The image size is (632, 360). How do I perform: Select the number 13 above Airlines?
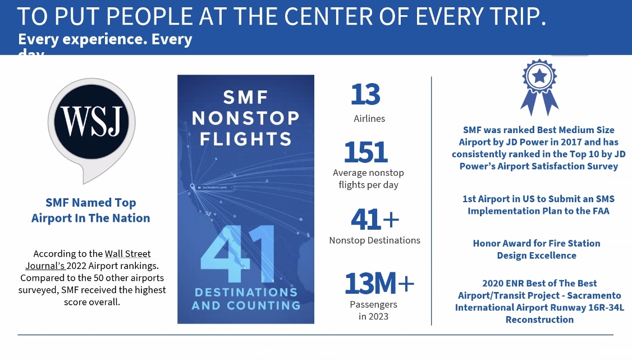[365, 94]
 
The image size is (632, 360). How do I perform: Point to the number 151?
[365, 152]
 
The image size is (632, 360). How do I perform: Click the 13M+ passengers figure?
[379, 284]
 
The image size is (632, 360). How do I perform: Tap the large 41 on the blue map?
[237, 254]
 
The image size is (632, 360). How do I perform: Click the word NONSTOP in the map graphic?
[245, 118]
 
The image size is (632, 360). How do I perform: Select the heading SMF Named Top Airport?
[91, 210]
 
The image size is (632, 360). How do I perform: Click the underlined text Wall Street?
[127, 254]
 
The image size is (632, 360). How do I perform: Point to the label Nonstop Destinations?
[374, 240]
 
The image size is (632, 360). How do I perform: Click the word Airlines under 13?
[369, 119]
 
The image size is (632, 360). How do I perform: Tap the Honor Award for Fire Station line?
[537, 243]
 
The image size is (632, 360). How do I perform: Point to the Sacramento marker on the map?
[193, 186]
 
